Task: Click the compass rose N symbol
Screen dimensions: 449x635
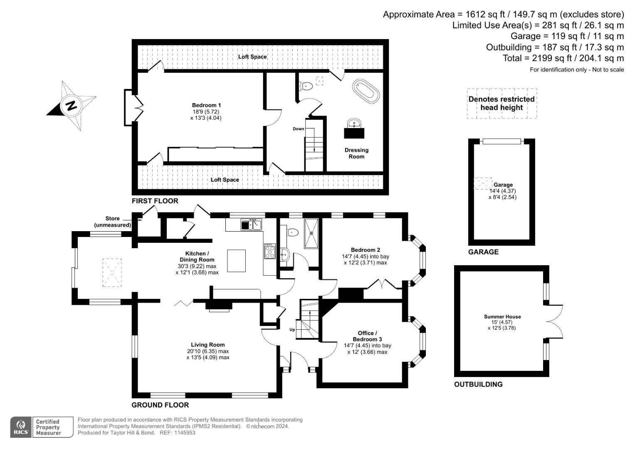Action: tap(72, 106)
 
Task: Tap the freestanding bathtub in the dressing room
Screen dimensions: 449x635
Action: tap(366, 90)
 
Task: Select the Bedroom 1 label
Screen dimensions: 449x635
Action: tap(206, 105)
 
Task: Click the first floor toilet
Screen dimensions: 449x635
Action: tap(306, 86)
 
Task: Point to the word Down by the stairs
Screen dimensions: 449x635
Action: tap(298, 129)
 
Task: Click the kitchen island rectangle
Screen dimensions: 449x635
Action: tap(236, 261)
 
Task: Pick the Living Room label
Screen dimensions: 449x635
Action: tap(208, 345)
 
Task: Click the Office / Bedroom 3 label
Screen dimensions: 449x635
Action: tap(367, 336)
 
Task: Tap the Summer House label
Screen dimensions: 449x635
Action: tap(502, 317)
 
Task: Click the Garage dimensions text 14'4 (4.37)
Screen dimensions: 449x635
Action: tap(503, 191)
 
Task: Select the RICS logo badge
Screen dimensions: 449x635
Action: tap(20, 427)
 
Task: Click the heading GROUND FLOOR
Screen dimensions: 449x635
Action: tap(160, 405)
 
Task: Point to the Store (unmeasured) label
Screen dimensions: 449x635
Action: tap(112, 222)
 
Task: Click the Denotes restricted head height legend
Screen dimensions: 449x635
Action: tap(502, 104)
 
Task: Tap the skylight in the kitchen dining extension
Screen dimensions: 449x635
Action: tap(112, 272)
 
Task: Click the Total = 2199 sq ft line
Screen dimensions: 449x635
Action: tap(563, 58)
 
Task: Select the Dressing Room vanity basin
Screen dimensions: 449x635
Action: tap(354, 123)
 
